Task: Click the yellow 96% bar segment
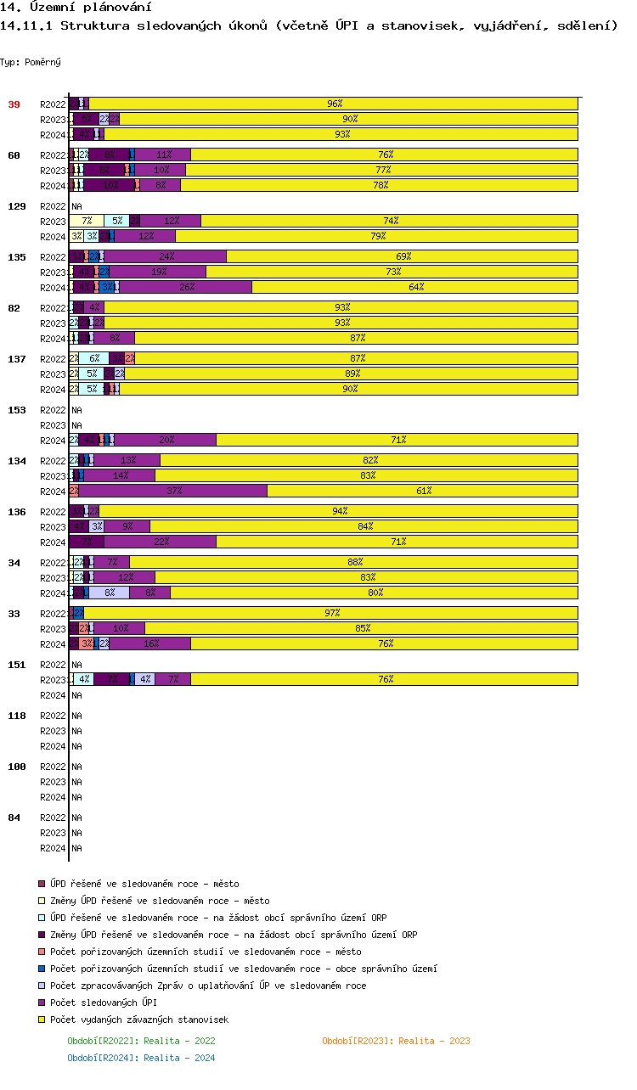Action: [x=334, y=104]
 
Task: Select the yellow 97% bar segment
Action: [x=331, y=613]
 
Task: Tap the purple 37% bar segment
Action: [x=173, y=491]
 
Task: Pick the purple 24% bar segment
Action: [x=166, y=256]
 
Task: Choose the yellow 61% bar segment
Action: [x=423, y=491]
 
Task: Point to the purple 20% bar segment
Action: [x=166, y=440]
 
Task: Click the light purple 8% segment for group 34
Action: [x=110, y=593]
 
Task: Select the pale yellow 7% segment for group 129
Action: [x=87, y=221]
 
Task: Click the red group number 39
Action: [x=14, y=104]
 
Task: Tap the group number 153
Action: [x=16, y=410]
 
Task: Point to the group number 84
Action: [x=14, y=817]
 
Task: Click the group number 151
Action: [x=16, y=665]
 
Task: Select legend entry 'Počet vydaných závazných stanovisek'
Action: [x=139, y=1020]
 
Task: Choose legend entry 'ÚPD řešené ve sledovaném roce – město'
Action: [x=144, y=884]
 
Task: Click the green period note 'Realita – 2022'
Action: [x=141, y=1041]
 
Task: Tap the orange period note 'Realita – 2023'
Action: [x=396, y=1041]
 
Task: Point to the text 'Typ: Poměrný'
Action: [x=31, y=62]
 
